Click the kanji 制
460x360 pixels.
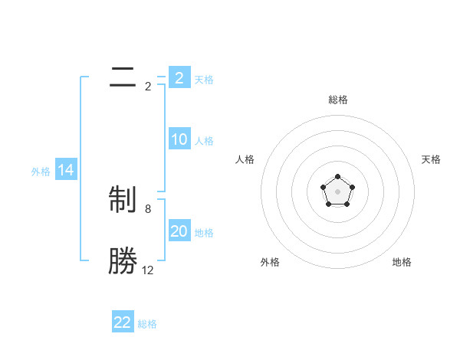(123, 201)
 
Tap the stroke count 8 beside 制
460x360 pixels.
(148, 208)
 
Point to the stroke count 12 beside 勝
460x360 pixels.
(147, 270)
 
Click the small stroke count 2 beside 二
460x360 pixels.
(148, 86)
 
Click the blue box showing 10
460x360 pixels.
(179, 139)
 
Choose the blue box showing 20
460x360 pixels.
(179, 231)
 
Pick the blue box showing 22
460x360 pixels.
(123, 322)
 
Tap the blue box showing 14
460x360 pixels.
(66, 170)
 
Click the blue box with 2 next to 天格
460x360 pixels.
(179, 78)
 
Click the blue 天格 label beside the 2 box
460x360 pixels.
(204, 79)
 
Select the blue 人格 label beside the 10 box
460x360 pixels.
(204, 140)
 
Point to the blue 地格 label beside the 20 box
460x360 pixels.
(204, 232)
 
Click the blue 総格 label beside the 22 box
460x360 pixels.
(147, 324)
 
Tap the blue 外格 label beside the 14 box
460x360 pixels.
(41, 172)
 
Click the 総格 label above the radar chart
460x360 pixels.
(337, 100)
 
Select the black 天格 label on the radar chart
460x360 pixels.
(431, 159)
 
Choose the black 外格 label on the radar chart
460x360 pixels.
(270, 262)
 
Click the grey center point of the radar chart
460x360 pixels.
(337, 191)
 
